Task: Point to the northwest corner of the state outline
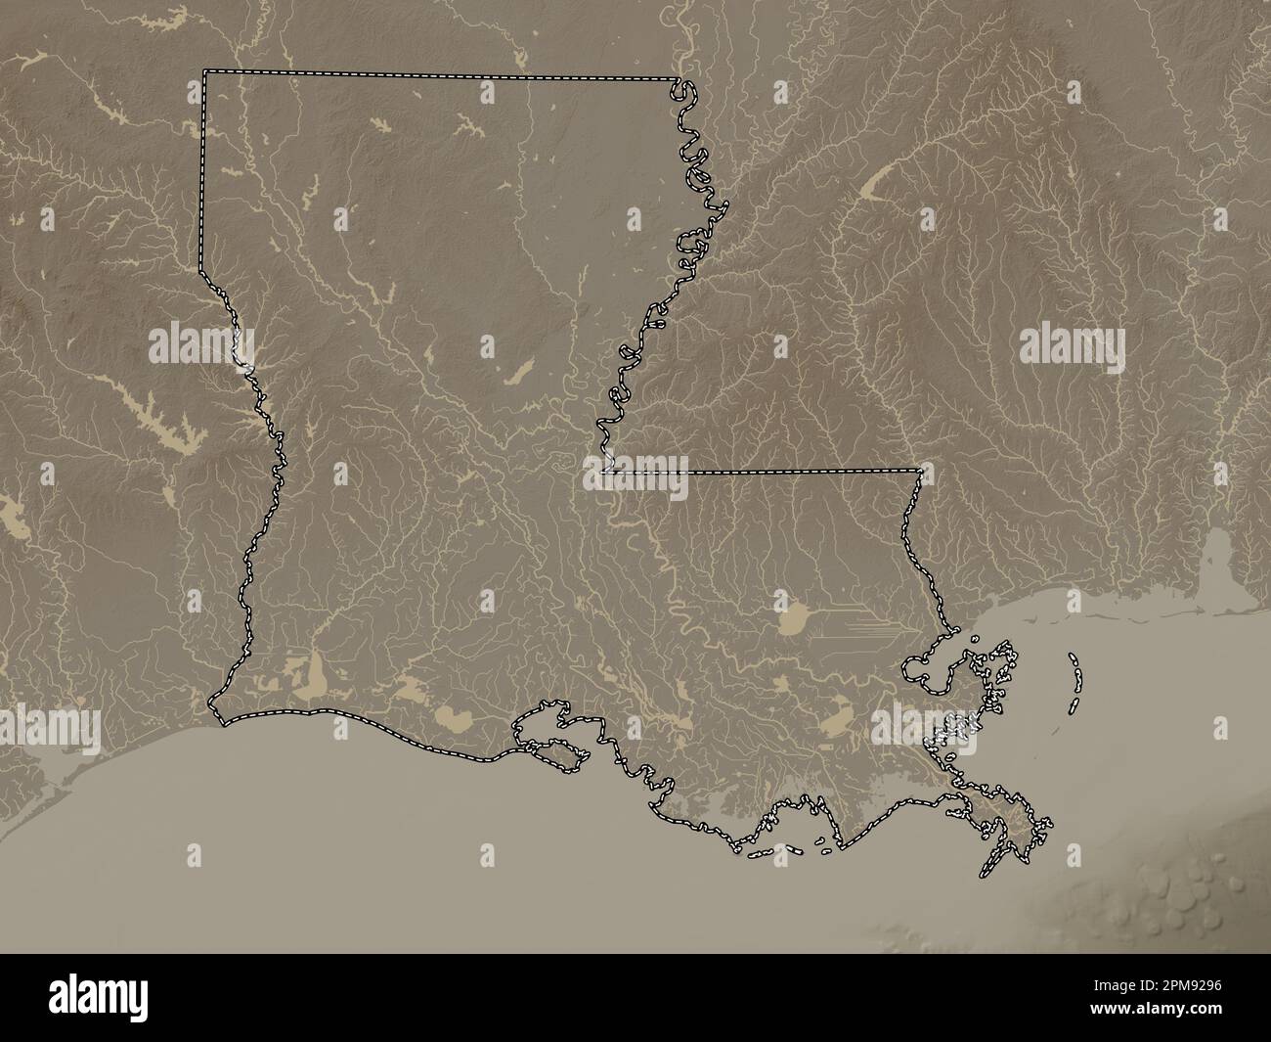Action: [204, 71]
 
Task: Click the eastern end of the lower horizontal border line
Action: [920, 472]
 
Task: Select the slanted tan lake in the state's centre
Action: [517, 371]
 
